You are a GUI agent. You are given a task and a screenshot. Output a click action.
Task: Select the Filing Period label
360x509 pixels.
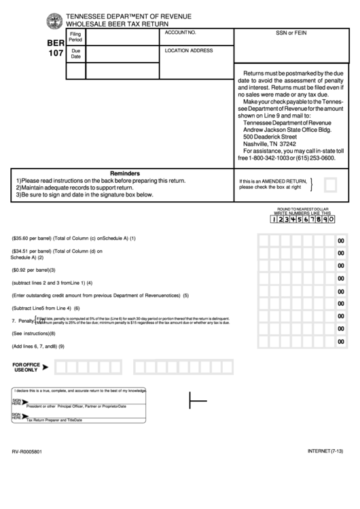[x=75, y=37]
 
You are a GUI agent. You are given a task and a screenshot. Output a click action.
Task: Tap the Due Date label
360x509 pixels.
[x=75, y=54]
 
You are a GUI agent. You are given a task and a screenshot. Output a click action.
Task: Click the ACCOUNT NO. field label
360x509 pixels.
[x=181, y=33]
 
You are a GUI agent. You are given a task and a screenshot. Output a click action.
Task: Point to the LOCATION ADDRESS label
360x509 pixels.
[x=189, y=50]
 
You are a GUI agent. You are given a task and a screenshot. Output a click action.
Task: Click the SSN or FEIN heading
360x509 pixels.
[x=291, y=33]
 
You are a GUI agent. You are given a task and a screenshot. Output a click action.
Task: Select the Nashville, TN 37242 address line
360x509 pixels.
[x=270, y=144]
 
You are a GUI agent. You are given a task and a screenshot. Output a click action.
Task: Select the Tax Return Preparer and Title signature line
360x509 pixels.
[x=54, y=420]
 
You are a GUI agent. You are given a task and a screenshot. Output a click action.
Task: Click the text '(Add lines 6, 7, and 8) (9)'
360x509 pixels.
[x=38, y=347]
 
